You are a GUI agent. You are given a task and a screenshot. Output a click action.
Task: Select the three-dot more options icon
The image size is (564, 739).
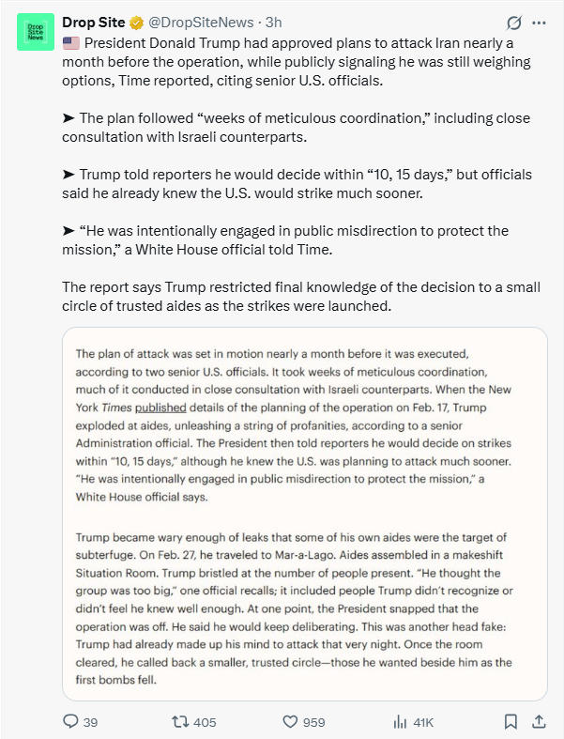coord(539,23)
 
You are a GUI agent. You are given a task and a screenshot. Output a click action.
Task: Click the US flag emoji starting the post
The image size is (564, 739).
coord(71,42)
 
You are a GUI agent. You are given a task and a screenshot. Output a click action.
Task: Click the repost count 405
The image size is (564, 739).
coord(204,721)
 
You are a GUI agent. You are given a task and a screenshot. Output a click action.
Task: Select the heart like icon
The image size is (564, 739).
coord(290,721)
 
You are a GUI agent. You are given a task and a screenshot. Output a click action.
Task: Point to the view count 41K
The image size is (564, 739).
coord(423,721)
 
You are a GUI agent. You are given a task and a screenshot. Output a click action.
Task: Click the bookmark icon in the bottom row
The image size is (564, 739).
coord(511,721)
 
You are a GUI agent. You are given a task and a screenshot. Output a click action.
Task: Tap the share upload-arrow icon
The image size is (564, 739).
coord(539,721)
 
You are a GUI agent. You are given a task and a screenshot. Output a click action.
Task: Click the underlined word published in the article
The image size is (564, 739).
coord(160,408)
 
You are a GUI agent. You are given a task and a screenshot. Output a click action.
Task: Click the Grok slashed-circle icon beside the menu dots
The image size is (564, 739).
coord(513,23)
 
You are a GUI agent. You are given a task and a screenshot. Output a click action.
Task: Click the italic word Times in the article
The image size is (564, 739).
coord(116,408)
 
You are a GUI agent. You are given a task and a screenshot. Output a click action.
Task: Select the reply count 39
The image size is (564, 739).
coord(90,721)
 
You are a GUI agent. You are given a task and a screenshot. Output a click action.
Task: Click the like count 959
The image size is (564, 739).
coord(313,721)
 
